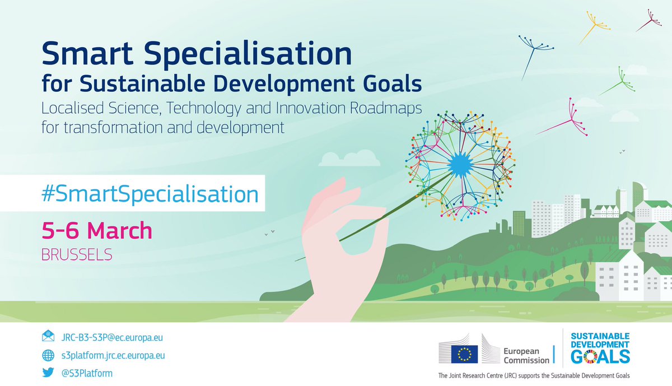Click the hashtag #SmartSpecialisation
click(x=150, y=194)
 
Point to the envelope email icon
click(x=48, y=337)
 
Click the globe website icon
click(x=48, y=355)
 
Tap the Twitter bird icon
click(x=48, y=373)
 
